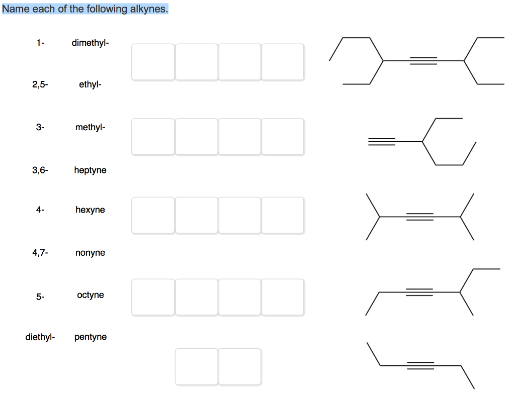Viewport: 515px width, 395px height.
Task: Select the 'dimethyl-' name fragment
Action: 90,43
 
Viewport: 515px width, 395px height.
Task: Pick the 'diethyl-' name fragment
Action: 40,337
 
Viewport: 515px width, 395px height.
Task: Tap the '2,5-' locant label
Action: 40,85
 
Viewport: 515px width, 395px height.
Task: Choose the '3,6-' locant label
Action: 40,170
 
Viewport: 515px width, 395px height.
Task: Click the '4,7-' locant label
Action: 40,253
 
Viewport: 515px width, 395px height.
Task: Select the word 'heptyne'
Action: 91,170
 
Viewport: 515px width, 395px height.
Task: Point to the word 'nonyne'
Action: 91,253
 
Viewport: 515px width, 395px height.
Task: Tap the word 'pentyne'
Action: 91,337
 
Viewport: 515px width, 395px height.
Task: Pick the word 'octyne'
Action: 91,295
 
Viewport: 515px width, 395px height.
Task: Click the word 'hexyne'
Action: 91,210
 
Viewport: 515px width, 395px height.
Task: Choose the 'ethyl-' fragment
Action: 90,85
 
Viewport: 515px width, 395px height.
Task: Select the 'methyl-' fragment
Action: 91,127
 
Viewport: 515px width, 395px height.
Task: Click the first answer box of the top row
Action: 153,62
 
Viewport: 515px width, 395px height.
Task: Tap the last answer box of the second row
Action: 282,136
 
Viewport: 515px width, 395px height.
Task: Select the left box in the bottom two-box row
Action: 196,366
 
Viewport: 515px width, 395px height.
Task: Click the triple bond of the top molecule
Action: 423,61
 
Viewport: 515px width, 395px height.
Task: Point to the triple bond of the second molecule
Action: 382,142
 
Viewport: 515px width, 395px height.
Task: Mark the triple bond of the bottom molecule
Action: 420,365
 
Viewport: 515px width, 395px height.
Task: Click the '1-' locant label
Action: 40,43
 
